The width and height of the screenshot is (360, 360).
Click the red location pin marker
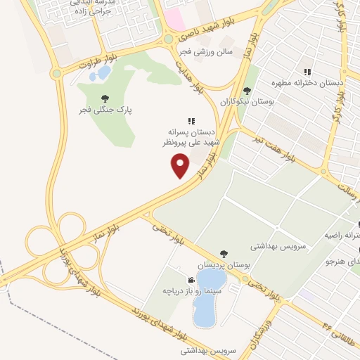click(x=181, y=165)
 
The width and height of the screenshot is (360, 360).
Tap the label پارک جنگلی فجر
click(x=105, y=110)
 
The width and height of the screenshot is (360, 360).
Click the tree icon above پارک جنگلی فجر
click(x=105, y=98)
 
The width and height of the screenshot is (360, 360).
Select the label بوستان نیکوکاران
click(x=246, y=102)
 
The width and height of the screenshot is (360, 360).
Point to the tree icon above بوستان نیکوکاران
click(x=246, y=90)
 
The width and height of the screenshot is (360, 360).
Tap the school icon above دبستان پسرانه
click(x=191, y=121)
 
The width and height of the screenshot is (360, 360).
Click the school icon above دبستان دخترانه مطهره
click(x=307, y=72)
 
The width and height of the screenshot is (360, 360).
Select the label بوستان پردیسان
click(x=223, y=265)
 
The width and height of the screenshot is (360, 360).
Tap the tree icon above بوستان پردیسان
click(x=223, y=254)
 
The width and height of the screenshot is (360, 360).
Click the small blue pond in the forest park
click(x=103, y=72)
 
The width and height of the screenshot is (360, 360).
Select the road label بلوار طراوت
click(x=78, y=65)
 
